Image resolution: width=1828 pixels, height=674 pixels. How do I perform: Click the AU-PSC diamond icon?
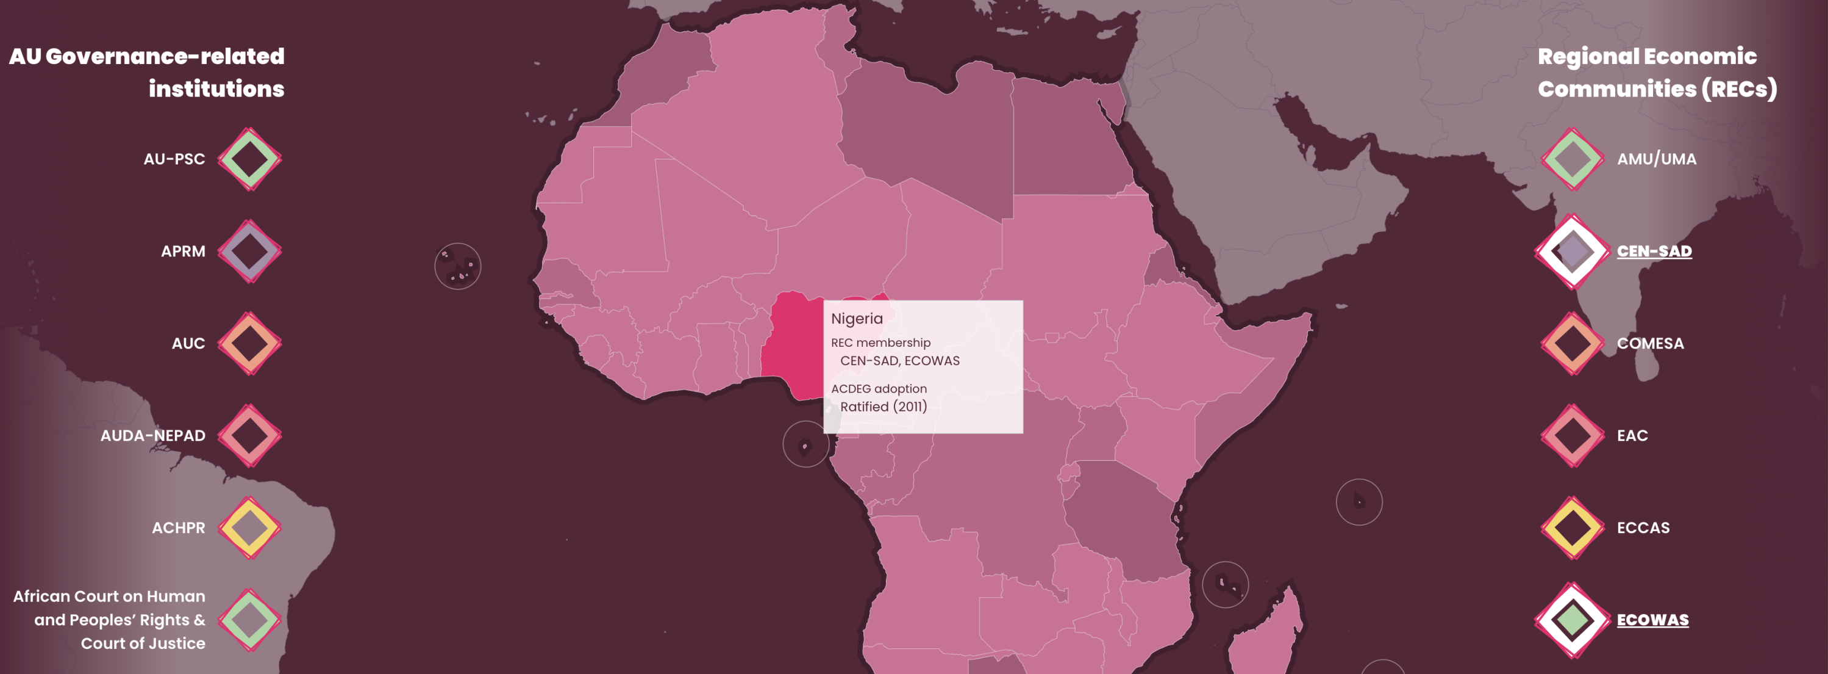tap(249, 159)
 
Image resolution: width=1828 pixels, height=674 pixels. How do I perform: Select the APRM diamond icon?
tap(249, 252)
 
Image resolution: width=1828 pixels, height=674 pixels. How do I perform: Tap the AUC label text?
tap(188, 344)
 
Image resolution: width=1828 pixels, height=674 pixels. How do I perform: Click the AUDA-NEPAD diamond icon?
tap(249, 435)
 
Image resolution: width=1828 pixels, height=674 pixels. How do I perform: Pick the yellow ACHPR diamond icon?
tap(249, 527)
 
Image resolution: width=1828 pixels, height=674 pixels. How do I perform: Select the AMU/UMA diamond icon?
tap(1572, 159)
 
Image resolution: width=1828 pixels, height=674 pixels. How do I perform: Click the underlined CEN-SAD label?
tap(1654, 252)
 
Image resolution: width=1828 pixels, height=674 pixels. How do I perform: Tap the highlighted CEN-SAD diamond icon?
tap(1572, 252)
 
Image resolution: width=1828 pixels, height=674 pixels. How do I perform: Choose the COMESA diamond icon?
tap(1572, 344)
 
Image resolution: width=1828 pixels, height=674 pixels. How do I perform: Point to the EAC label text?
tap(1632, 435)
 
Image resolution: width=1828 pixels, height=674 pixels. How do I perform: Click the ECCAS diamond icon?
tap(1572, 527)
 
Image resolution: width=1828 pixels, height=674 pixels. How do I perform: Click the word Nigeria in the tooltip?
tap(857, 319)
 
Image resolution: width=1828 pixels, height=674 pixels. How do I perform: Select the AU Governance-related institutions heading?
tap(147, 73)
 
